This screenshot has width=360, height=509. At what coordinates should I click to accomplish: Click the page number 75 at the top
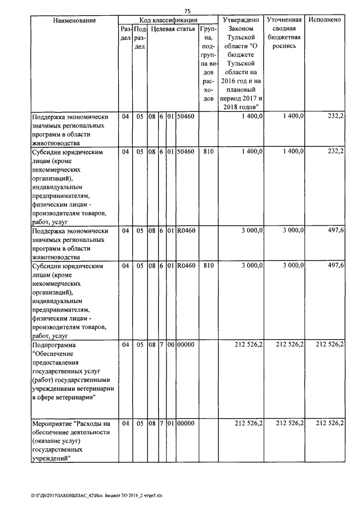(187, 10)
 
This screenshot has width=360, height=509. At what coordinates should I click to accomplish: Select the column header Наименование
(74, 20)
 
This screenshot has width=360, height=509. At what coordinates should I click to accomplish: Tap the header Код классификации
(167, 20)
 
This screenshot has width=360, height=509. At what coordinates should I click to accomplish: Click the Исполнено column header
(325, 20)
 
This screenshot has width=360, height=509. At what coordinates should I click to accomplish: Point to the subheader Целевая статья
(173, 29)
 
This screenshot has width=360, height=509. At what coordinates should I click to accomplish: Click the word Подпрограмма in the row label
(53, 344)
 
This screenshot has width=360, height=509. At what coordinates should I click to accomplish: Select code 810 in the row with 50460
(208, 152)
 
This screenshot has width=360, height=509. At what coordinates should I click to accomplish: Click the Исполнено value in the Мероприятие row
(330, 423)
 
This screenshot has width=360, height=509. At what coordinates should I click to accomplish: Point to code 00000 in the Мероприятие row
(185, 423)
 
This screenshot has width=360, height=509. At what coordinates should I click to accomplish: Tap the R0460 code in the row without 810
(185, 231)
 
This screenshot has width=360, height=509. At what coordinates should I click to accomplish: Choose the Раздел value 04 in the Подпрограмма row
(125, 344)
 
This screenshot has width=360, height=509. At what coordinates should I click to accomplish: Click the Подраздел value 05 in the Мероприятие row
(139, 423)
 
